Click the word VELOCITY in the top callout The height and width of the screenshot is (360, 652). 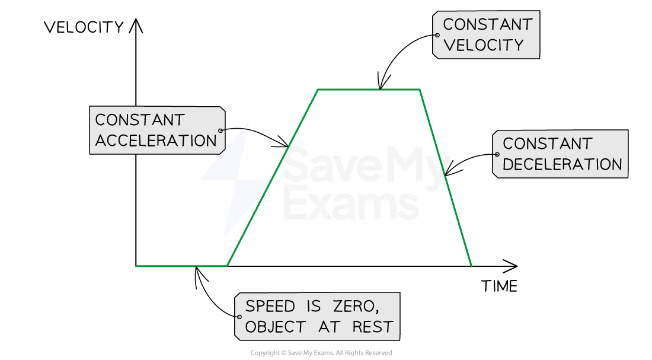click(483, 45)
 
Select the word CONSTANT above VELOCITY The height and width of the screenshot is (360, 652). click(487, 25)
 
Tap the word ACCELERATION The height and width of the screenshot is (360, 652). click(156, 141)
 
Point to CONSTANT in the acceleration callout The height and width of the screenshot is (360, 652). click(140, 120)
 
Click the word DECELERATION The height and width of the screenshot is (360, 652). click(562, 164)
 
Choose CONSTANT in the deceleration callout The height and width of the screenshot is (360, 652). click(547, 144)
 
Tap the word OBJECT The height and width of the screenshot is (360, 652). click(275, 327)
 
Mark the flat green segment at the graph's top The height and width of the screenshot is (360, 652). click(369, 90)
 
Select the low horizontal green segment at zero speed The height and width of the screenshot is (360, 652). click(181, 266)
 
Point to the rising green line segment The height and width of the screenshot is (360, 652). click(272, 178)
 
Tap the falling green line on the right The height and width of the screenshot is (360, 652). click(446, 178)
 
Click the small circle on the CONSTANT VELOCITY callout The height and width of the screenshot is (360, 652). click(437, 35)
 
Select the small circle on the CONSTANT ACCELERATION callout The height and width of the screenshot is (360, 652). click(220, 130)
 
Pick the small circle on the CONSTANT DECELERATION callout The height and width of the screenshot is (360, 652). click(497, 154)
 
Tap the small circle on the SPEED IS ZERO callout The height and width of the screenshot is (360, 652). click(239, 317)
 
